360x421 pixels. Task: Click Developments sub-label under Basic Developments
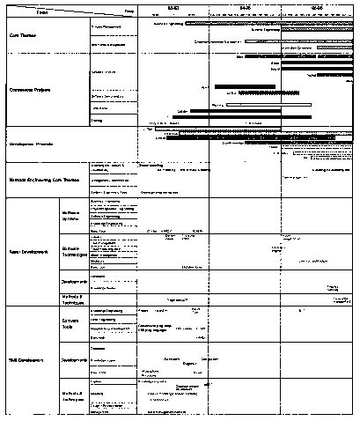click(x=73, y=282)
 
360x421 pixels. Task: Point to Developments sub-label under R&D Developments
click(x=73, y=360)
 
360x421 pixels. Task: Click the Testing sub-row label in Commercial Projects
click(x=96, y=119)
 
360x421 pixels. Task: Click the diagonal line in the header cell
click(x=70, y=9)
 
